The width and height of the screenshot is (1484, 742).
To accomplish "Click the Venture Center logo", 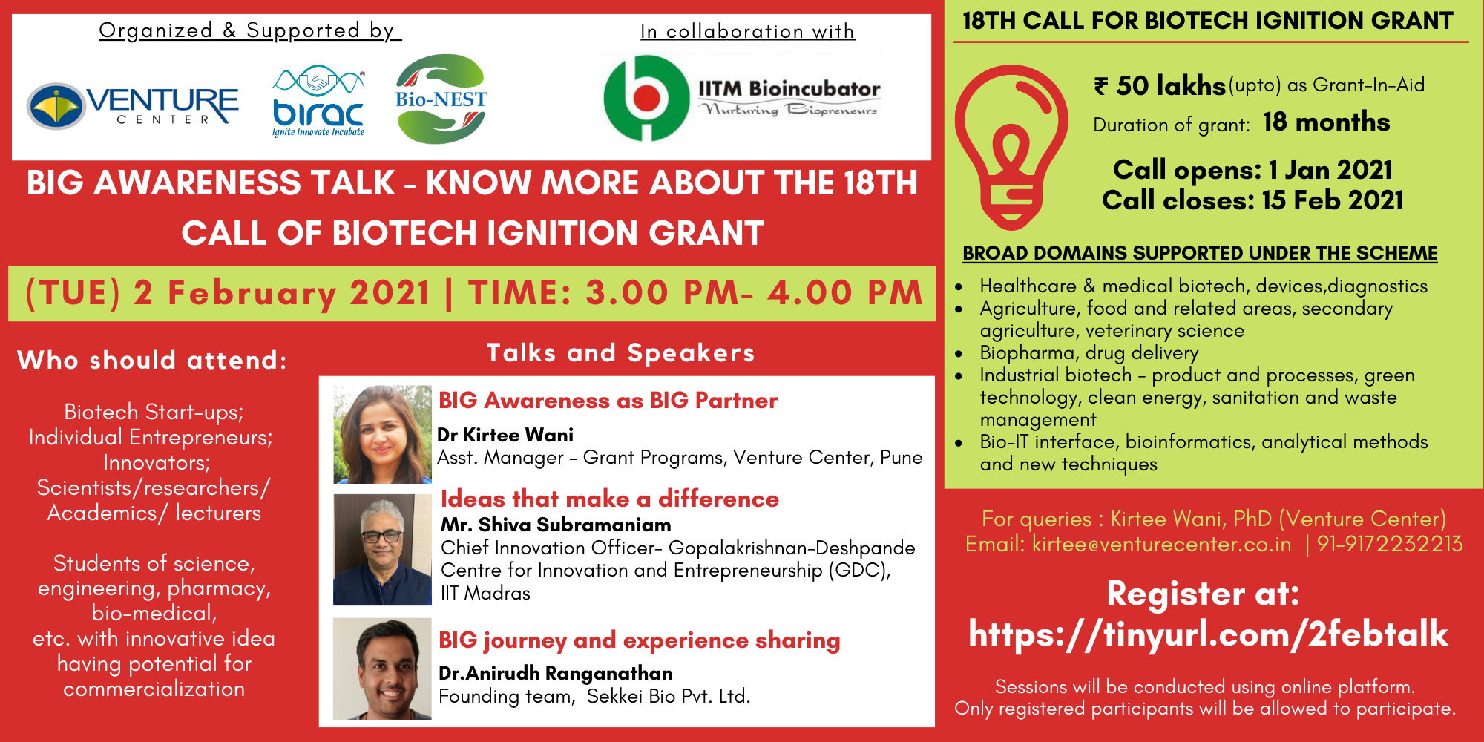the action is [133, 105].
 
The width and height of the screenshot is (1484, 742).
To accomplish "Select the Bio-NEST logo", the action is [441, 99].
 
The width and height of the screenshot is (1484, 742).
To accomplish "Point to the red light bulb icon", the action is [1011, 147].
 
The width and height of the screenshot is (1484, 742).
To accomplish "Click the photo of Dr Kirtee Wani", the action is [382, 434].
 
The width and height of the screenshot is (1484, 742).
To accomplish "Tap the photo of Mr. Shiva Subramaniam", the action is [382, 550].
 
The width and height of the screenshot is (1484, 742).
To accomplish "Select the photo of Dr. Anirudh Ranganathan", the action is [382, 669].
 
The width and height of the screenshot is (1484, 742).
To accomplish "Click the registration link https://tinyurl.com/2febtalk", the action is [1209, 634].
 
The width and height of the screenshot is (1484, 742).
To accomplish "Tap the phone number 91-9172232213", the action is [1390, 544].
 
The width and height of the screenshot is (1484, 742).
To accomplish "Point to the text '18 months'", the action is [1327, 122].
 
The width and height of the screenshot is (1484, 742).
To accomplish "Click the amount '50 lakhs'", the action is [1171, 86].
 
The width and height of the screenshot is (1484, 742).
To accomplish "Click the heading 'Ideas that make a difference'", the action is [610, 499].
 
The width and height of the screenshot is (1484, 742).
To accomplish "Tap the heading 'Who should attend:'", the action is [152, 361].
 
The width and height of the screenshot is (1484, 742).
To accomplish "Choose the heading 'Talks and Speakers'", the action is [620, 352].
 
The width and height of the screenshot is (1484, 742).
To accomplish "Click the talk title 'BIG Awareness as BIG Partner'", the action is [608, 401].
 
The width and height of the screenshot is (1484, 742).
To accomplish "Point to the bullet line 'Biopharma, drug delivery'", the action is [1089, 353].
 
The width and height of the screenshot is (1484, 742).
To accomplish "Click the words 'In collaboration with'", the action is [747, 31].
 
